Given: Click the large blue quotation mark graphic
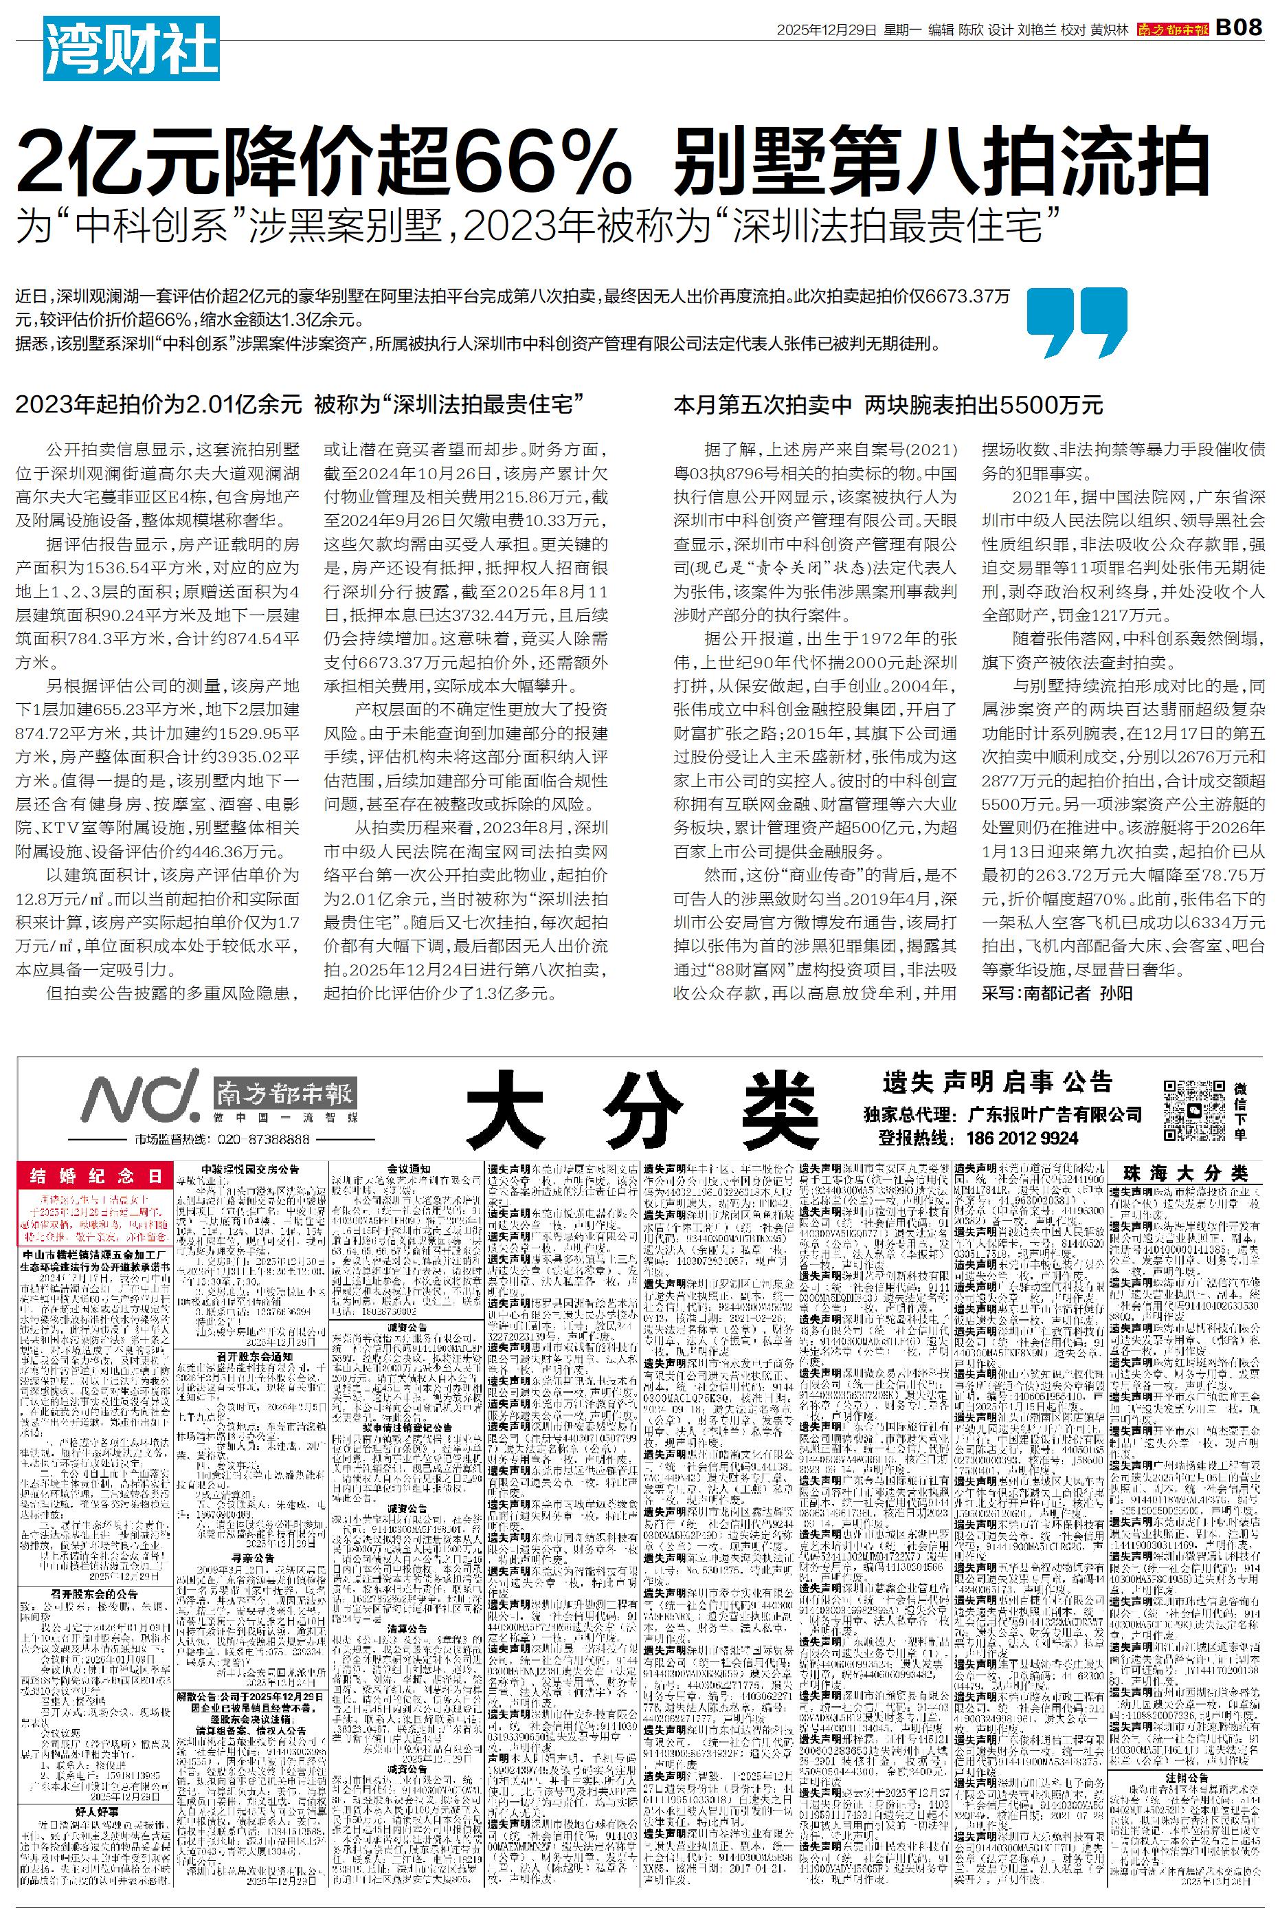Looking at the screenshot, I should [1076, 322].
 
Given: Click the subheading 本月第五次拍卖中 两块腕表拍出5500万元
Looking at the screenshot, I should [888, 405].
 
